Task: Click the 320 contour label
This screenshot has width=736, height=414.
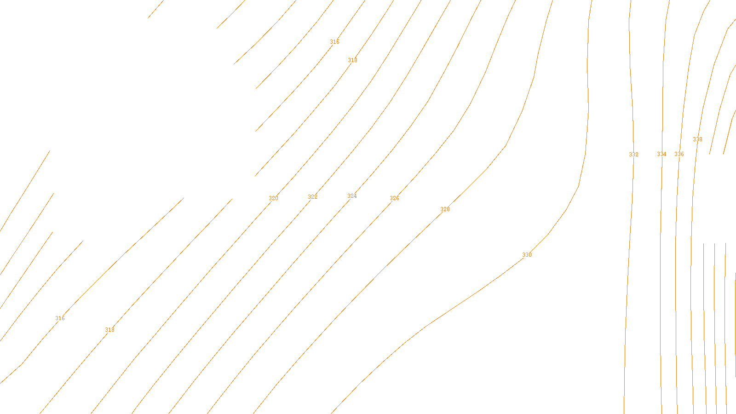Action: click(273, 198)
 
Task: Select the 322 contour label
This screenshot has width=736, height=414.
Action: click(312, 197)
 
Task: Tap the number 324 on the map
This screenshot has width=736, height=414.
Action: click(352, 196)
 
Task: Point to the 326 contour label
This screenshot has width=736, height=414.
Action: click(394, 198)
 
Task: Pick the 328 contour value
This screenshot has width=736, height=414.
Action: click(445, 209)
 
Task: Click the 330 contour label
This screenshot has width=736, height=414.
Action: click(527, 255)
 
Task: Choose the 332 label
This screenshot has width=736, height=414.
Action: click(633, 155)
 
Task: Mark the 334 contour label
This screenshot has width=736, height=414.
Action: click(661, 154)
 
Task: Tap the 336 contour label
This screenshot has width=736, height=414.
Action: click(679, 154)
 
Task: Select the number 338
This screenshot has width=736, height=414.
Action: click(697, 139)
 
